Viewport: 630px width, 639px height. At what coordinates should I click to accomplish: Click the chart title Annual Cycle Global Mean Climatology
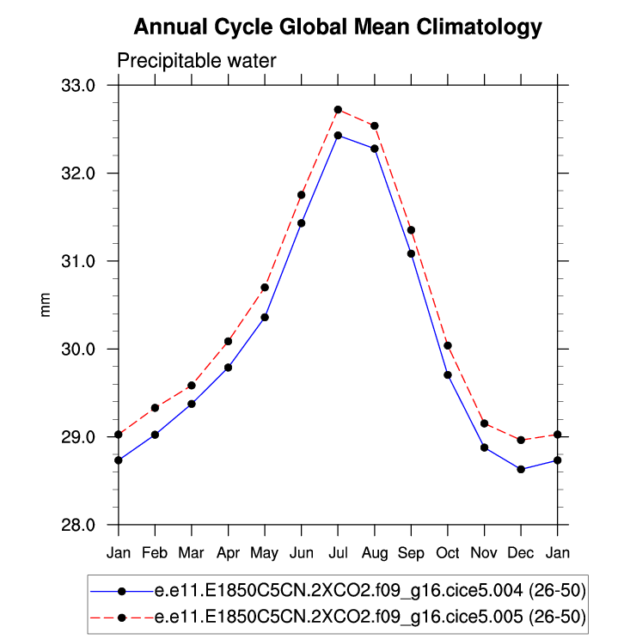tap(338, 27)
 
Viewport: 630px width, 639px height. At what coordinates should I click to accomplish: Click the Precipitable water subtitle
tap(196, 60)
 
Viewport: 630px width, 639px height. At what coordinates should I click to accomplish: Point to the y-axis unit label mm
tap(46, 306)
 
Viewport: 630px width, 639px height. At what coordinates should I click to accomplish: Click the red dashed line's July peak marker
tap(338, 110)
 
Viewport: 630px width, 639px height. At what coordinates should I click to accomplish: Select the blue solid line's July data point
tap(338, 135)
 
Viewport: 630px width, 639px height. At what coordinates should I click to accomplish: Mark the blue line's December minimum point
tap(521, 469)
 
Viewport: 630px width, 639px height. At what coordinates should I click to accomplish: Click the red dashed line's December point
tap(521, 440)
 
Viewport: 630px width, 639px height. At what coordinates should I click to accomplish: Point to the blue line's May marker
tap(265, 317)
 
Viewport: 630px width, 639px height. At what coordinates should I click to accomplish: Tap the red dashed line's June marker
tap(302, 195)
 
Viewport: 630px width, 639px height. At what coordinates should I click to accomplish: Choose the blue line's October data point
tap(448, 374)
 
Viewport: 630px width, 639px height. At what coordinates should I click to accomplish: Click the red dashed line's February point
tap(155, 408)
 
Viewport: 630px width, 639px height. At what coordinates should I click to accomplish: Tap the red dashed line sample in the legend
tap(121, 617)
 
